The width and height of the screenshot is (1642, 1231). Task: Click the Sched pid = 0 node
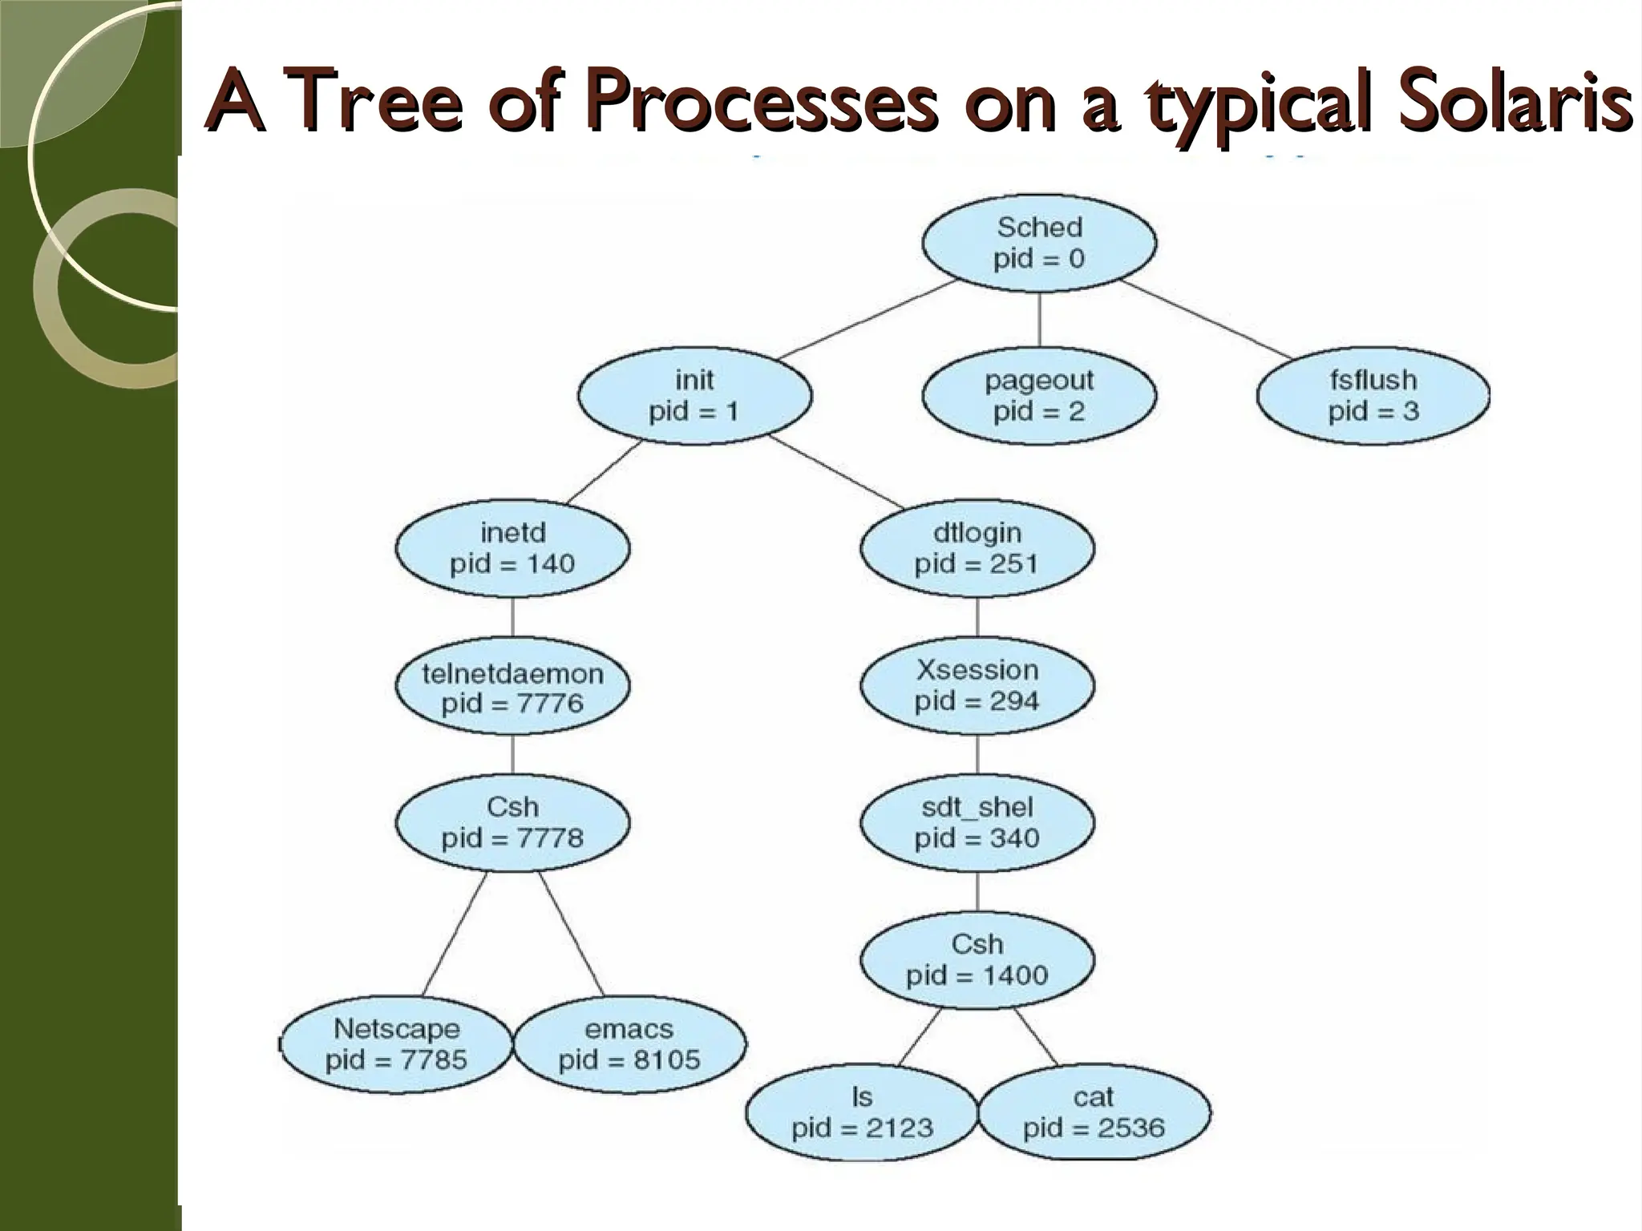[1039, 243]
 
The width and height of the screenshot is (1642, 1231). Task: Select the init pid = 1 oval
[694, 395]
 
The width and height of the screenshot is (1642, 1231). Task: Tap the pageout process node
[1039, 395]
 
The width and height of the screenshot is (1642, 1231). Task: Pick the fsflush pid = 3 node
[1373, 395]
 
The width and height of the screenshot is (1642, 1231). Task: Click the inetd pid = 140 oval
[512, 548]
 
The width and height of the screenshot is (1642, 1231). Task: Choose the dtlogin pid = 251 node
[977, 548]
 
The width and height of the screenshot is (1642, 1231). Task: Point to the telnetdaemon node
[512, 687]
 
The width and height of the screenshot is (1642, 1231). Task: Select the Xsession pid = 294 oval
[977, 685]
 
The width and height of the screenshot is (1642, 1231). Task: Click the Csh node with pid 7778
[512, 822]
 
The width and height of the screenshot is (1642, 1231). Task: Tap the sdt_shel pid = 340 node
[977, 822]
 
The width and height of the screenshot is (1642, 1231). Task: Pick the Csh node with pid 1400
[977, 959]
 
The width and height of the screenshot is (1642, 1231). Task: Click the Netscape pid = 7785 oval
[396, 1044]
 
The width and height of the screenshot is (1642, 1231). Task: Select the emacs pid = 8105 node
[629, 1044]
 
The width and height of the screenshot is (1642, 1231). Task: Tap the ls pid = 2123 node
[862, 1112]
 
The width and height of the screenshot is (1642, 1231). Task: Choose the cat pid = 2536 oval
[1094, 1112]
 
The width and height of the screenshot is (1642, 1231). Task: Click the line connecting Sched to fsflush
[1207, 319]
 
